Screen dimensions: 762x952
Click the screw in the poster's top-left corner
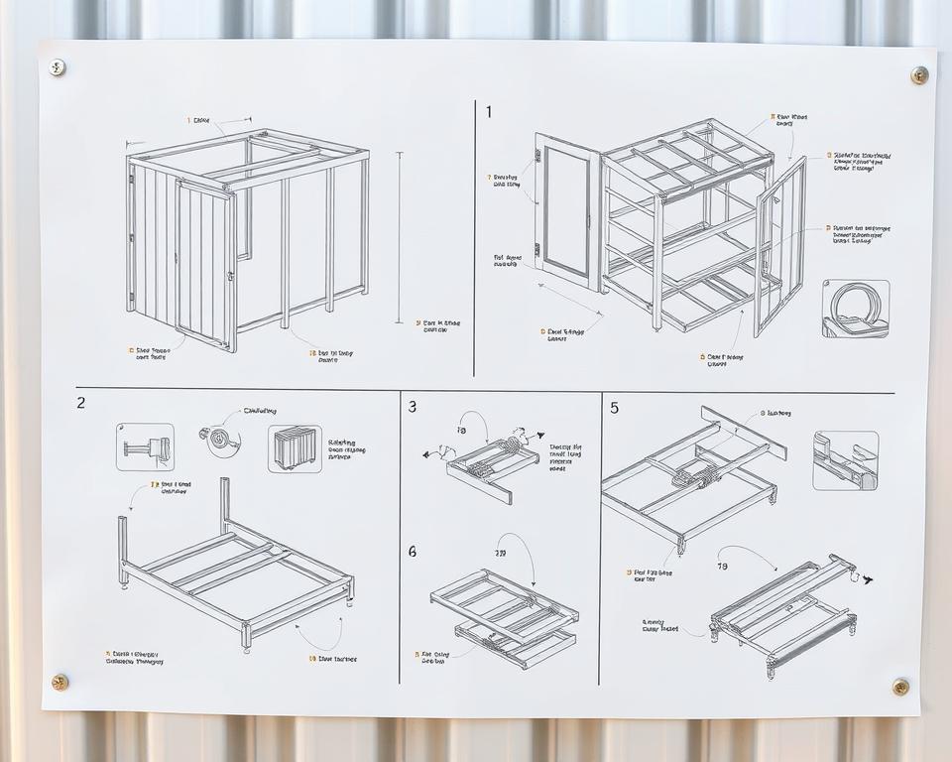coord(58,67)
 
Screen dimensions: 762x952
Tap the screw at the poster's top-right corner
coord(919,74)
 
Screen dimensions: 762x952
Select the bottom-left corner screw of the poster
coord(60,682)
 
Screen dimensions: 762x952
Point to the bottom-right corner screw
coord(900,686)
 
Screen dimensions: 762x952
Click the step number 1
coord(488,112)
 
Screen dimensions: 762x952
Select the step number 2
coord(80,403)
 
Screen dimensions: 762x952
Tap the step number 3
coord(413,406)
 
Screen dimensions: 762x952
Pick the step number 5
coord(614,407)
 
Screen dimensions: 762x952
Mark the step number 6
coord(413,551)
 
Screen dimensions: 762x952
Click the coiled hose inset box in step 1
coord(855,309)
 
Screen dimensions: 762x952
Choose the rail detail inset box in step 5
coord(845,460)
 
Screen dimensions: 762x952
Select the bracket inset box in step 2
coord(145,447)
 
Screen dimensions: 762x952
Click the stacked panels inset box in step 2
coord(295,448)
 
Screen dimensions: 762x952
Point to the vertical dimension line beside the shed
coord(400,237)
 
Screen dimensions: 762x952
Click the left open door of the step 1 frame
coord(567,211)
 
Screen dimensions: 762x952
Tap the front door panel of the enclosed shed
coord(205,264)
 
